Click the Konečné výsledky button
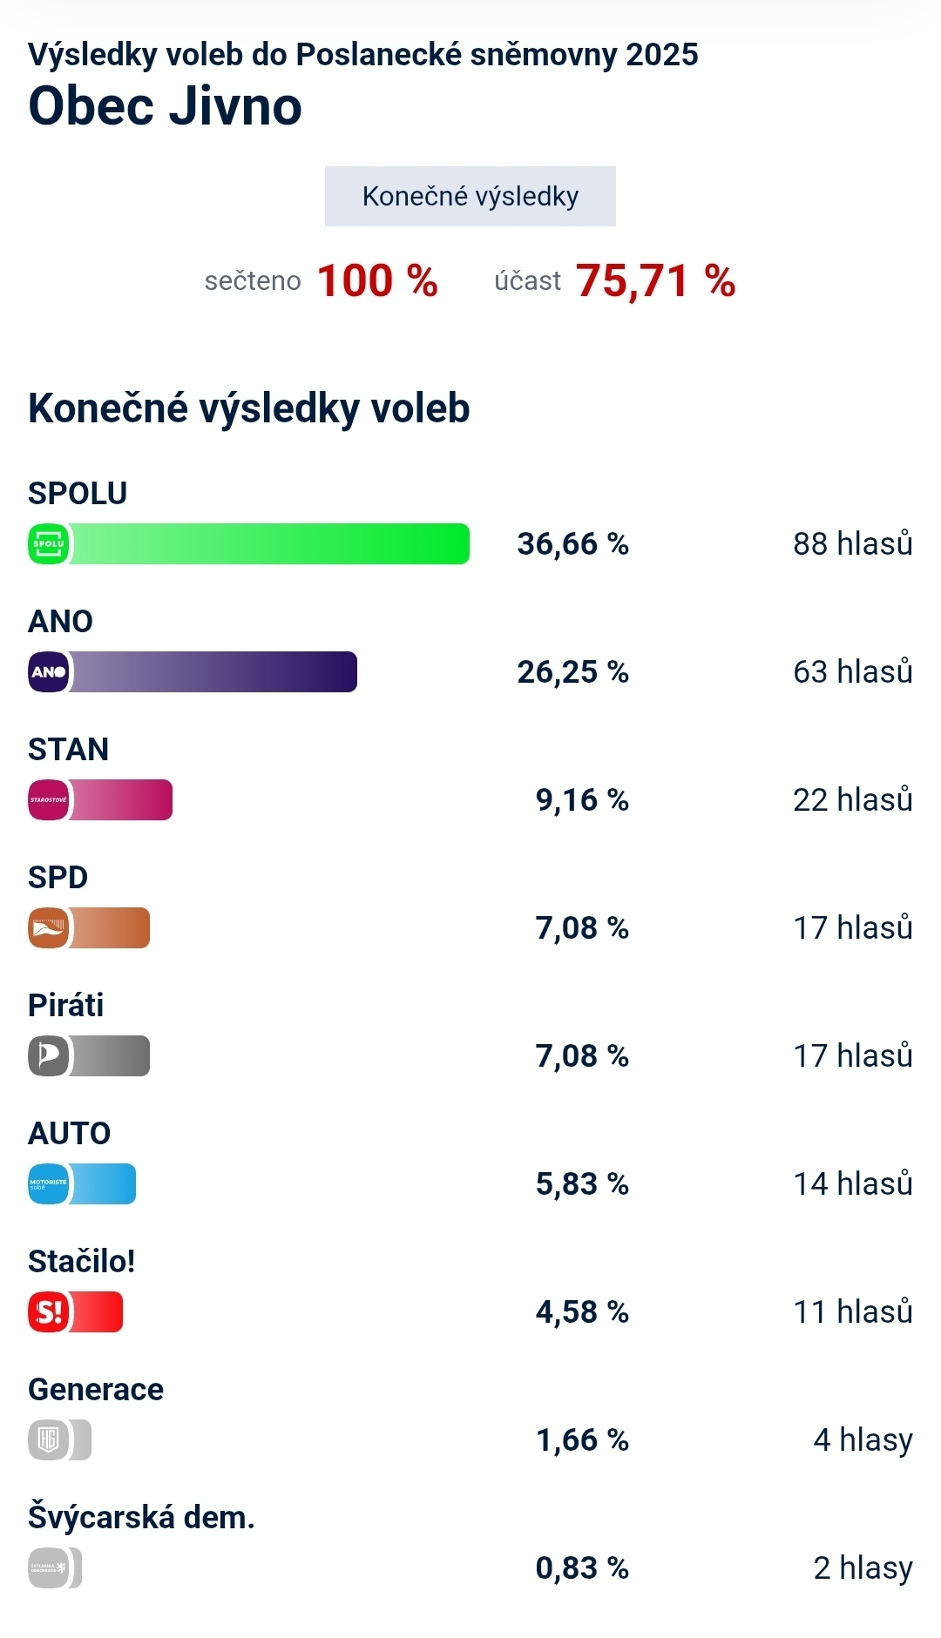[x=470, y=196]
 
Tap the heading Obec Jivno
[x=165, y=106]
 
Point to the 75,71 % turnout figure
[x=655, y=280]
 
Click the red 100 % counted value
[x=377, y=280]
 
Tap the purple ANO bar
[x=213, y=671]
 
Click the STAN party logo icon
[x=49, y=799]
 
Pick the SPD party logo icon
[x=49, y=927]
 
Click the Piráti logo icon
[x=49, y=1055]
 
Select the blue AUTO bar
[x=103, y=1183]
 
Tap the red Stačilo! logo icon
[x=49, y=1311]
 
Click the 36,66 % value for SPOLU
[x=572, y=543]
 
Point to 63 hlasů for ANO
[x=852, y=671]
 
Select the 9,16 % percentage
[x=581, y=799]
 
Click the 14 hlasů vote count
[x=852, y=1183]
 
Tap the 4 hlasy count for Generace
[x=863, y=1439]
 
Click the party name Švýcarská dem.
[x=141, y=1517]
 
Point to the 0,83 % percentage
[x=581, y=1567]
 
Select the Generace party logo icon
[x=49, y=1439]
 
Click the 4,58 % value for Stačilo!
[x=581, y=1311]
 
